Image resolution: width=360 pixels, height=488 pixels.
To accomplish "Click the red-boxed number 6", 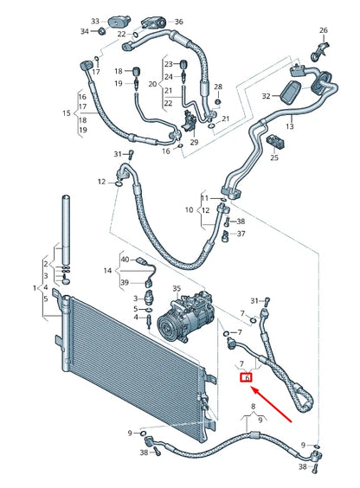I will tap(247, 378).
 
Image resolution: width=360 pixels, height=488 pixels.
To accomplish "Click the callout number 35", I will tap(176, 289).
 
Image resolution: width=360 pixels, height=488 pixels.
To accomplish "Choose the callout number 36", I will tap(178, 21).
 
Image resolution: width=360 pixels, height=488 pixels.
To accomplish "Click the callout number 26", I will tap(323, 31).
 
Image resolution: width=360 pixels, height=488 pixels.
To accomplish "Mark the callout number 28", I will tap(218, 87).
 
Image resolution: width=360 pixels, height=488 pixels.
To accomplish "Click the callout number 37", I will tap(241, 234).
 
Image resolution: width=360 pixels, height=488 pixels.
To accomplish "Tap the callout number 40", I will tap(124, 260).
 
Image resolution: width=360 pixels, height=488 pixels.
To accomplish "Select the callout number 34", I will tap(85, 31).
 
